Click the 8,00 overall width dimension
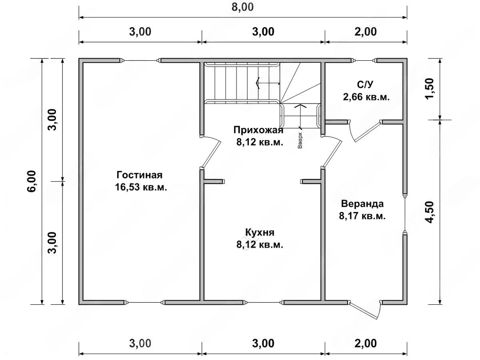pos(242,7)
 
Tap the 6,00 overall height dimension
pos(32,181)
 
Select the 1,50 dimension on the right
pos(430,88)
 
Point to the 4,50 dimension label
pos(430,212)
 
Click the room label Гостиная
pos(140,175)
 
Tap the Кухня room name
pos(260,232)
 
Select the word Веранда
pos(362,204)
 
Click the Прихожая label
pos(258,130)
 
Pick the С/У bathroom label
pos(365,84)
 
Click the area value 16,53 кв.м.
pos(141,187)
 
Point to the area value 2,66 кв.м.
pos(366,97)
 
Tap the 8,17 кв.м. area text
pos(362,216)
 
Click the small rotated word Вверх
pos(300,140)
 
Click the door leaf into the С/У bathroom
pos(368,132)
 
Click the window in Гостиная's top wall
pos(140,60)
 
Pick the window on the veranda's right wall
pos(405,214)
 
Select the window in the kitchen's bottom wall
pos(264,302)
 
